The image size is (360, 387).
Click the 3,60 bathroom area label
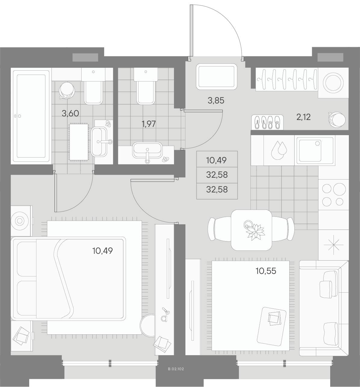70,113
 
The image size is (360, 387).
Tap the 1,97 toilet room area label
149,124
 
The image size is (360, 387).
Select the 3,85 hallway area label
216,100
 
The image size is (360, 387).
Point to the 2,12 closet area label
303,117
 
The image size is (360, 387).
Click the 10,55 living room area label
266,271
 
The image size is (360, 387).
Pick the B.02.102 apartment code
176,369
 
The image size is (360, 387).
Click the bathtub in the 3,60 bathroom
31,116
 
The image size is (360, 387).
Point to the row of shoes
267,122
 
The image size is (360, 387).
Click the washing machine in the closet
333,82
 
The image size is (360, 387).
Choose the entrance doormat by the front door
217,77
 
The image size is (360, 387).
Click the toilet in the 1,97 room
146,86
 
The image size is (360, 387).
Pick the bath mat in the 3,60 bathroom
79,142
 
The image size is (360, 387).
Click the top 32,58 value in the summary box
217,175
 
